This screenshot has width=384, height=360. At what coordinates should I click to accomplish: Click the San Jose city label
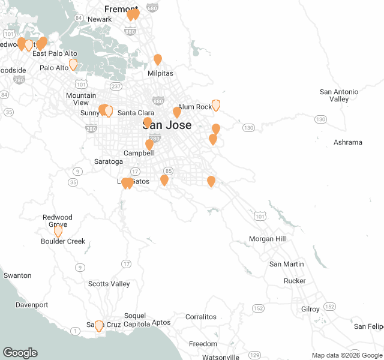coord(167,125)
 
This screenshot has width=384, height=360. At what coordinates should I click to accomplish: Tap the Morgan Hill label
coord(267,239)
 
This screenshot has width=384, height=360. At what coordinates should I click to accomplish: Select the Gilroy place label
coord(310,309)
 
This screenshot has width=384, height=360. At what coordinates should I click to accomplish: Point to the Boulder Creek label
coord(63,242)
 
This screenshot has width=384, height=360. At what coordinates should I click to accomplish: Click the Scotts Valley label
coord(109,284)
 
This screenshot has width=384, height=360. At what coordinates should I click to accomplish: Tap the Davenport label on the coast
coord(32,305)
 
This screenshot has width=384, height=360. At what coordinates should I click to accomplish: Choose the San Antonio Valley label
coord(338,95)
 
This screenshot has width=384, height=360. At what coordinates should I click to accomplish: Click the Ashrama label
coord(348,142)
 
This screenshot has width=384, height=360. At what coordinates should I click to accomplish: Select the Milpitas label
coord(160,73)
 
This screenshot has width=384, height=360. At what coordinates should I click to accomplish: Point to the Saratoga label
coord(109,162)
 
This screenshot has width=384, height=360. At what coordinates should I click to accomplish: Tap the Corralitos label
coord(201,317)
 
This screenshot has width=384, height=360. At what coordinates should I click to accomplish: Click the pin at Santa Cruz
coord(99,326)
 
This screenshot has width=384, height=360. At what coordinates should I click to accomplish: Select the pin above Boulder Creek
coord(58,230)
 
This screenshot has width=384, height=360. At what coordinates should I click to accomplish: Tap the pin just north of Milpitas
coord(158,59)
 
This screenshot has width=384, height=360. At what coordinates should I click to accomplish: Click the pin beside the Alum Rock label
coord(216,105)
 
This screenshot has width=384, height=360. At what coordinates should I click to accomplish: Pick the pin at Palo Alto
coord(73,64)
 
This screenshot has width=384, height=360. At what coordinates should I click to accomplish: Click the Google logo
coord(20,353)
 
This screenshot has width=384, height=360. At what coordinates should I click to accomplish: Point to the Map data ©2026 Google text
coord(346,355)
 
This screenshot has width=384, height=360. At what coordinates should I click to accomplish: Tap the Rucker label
coord(295,281)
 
